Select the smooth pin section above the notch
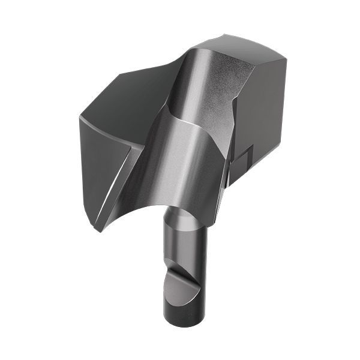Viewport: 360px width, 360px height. click(183, 246)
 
